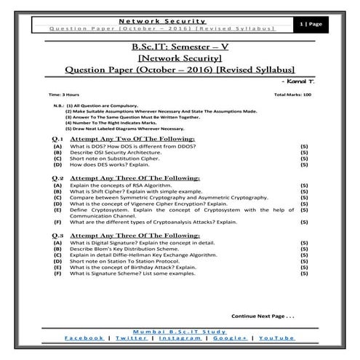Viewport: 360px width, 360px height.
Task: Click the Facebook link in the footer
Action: tap(84, 337)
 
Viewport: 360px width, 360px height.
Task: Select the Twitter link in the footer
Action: tap(130, 337)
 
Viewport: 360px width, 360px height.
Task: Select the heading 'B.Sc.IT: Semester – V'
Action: tap(179, 47)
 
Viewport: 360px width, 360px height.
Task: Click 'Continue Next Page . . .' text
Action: tap(263, 316)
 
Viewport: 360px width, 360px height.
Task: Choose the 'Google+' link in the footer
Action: tap(229, 337)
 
